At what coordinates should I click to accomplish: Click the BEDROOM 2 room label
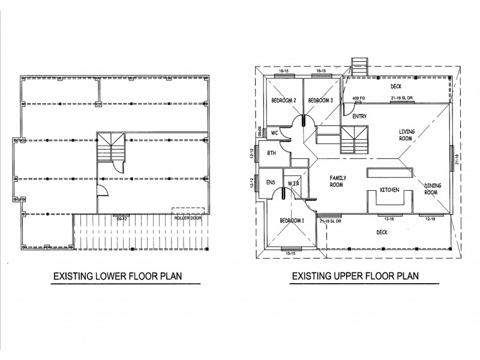[x=284, y=100]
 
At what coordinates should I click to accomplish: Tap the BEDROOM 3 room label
[x=320, y=100]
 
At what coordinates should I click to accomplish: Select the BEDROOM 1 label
[x=292, y=221]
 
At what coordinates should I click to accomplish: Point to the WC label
[x=273, y=132]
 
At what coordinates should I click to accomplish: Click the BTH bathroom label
[x=271, y=154]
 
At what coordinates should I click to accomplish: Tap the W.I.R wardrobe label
[x=293, y=183]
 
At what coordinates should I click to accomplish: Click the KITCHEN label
[x=389, y=190]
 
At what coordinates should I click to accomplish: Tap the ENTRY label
[x=360, y=116]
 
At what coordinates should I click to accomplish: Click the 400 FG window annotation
[x=359, y=97]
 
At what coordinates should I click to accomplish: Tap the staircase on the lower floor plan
[x=110, y=147]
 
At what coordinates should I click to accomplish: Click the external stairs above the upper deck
[x=359, y=66]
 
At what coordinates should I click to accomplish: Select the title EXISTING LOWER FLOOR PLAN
[x=118, y=277]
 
